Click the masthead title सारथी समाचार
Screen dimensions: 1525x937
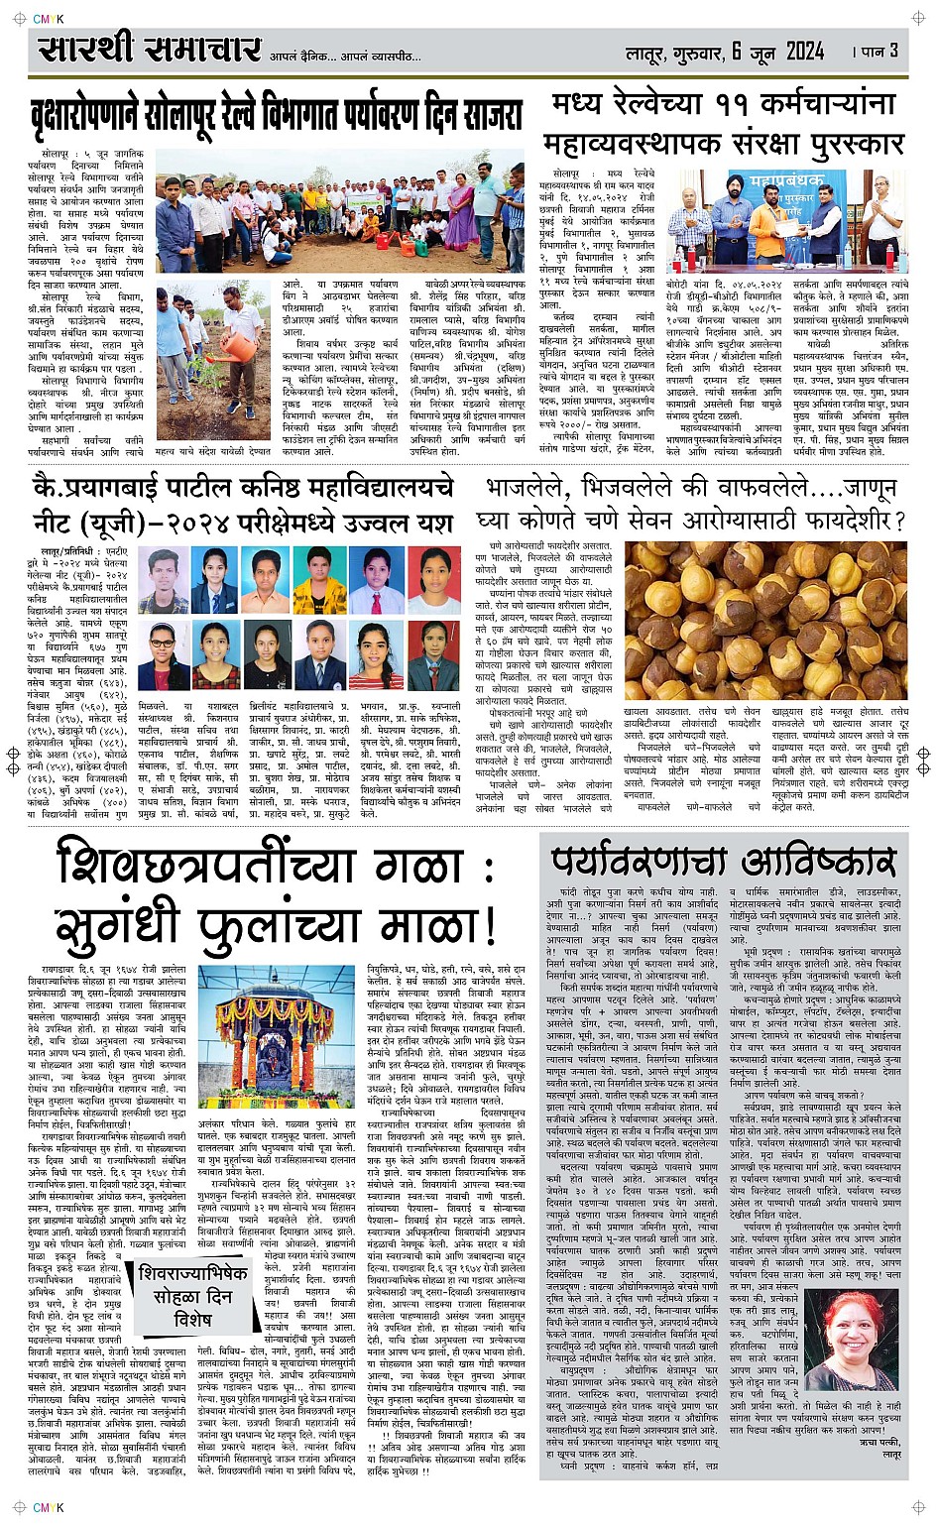tap(150, 50)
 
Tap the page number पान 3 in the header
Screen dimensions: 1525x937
tap(878, 51)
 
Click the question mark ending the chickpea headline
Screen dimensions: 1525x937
tap(898, 521)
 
